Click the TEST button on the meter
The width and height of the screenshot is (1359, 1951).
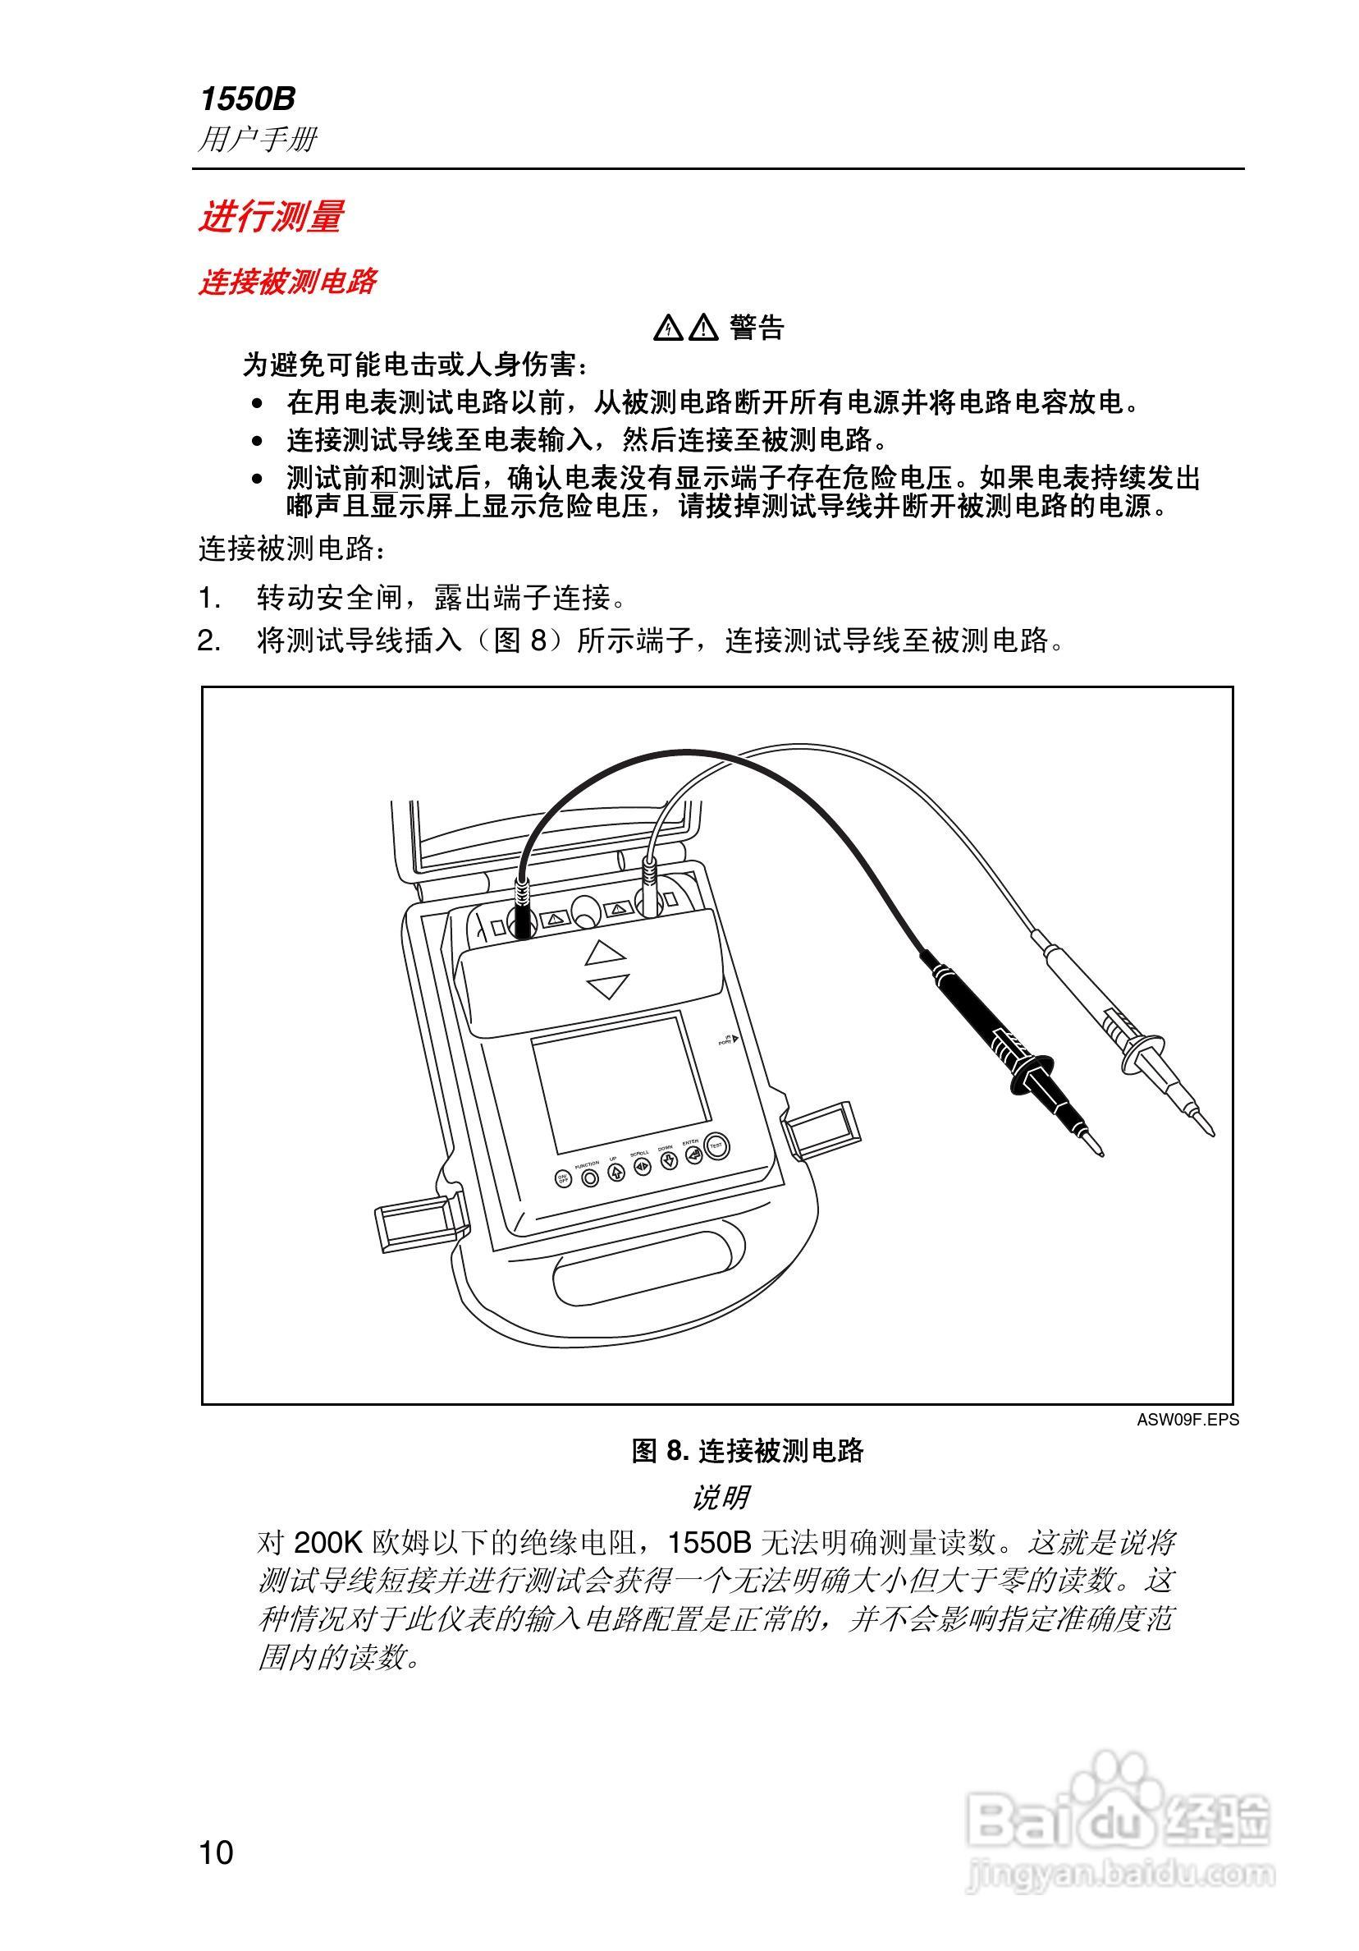coord(716,1146)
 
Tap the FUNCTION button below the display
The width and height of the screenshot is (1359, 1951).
coord(591,1177)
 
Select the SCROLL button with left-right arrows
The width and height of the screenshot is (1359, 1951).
coord(643,1167)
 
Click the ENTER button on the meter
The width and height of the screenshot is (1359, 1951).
coord(694,1155)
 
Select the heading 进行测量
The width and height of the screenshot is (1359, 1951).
coord(270,216)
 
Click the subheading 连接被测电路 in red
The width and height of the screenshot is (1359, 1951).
coord(287,282)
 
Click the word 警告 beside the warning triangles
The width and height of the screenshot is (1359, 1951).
coord(756,327)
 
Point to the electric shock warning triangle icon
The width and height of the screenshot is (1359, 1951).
coord(669,328)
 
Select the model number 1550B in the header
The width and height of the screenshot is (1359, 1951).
coord(247,99)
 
